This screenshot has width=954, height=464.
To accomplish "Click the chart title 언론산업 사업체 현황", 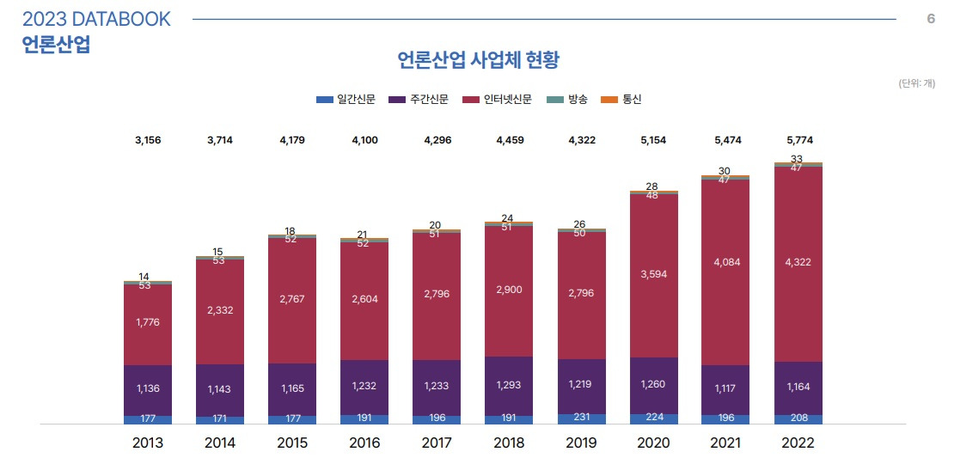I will coord(479,60).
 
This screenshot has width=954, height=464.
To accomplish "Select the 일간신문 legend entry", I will coord(346,100).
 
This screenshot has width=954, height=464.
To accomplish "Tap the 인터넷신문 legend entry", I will coord(498,100).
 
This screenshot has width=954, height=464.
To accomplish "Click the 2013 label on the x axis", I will coord(148,444).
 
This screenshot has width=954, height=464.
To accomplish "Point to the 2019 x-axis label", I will coord(582,444).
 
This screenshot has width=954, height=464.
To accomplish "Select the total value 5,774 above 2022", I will coord(798,139).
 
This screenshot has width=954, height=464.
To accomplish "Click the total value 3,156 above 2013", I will coord(148,139).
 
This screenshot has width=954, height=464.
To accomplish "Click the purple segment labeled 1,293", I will coord(509,385).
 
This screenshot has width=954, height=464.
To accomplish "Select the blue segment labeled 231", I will coord(582,418).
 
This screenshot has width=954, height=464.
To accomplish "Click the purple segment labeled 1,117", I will coord(725,389).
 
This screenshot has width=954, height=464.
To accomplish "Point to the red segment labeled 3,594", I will coord(653,275).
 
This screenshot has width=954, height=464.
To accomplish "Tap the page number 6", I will coord(931,19).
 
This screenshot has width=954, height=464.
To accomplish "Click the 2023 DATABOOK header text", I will coord(96,19).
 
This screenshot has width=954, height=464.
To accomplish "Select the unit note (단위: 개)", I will coord(916,83).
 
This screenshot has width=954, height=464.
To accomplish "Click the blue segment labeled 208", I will coord(798,419).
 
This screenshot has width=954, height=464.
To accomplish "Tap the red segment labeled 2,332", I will coord(220,311).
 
